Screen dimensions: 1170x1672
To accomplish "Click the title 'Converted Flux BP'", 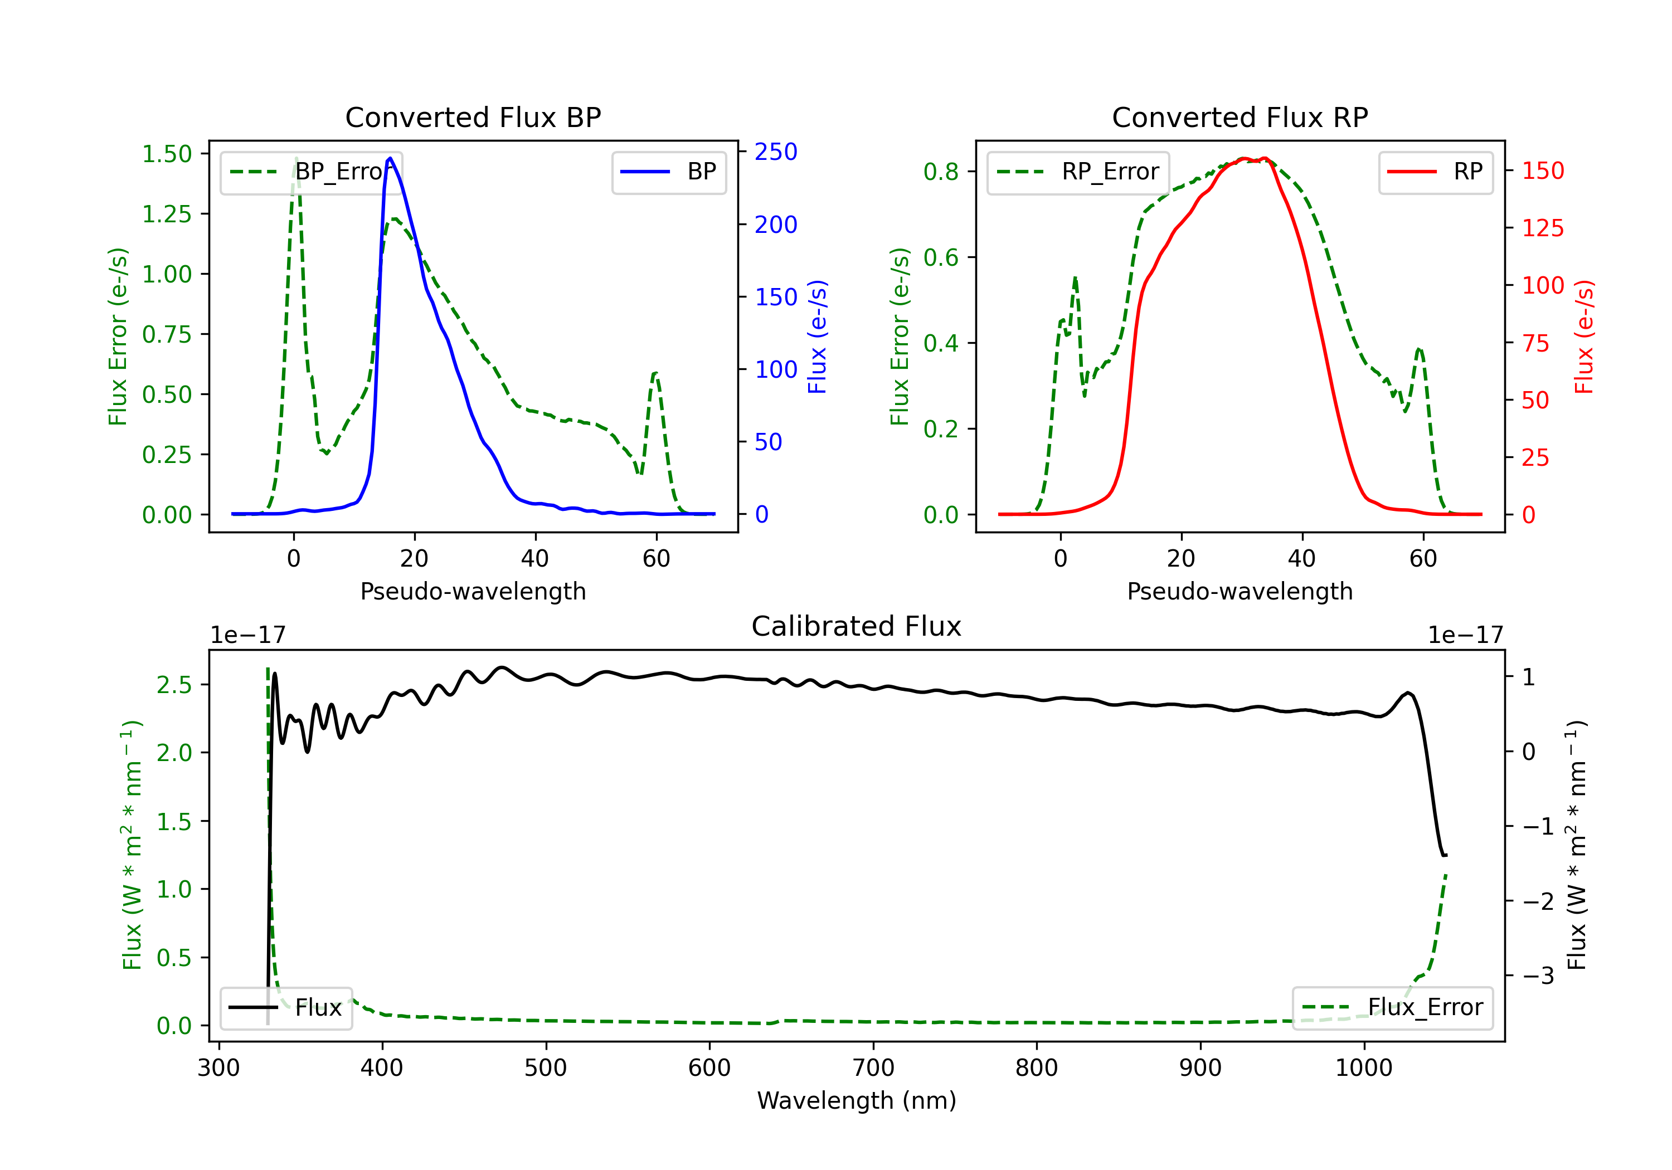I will (473, 117).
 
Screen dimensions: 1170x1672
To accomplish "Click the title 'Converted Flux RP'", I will (1240, 117).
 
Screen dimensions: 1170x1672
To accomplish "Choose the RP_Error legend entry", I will (1078, 172).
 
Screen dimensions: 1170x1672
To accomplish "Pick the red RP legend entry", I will (1435, 172).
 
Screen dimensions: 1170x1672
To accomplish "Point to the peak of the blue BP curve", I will (390, 158).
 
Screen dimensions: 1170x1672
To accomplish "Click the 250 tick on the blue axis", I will (776, 152).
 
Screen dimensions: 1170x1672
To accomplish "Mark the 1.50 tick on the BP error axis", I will (167, 154).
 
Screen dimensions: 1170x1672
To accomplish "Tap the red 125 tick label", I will (1542, 228).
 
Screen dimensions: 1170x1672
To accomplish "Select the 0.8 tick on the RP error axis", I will (941, 171).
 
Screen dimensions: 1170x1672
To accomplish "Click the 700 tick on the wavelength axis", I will (873, 1067).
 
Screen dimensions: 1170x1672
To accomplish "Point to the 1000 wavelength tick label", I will (1363, 1067).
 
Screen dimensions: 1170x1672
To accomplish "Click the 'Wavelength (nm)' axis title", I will (857, 1100).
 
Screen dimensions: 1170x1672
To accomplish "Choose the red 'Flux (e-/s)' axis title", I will (1584, 337).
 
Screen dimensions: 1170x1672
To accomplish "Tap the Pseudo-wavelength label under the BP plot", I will (473, 591).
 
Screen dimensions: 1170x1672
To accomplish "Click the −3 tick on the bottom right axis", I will (1538, 976).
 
